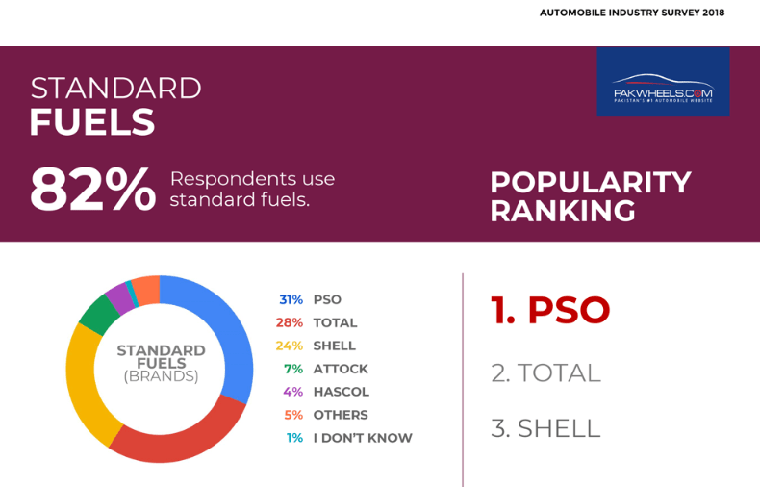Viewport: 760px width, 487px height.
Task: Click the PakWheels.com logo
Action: coord(662,84)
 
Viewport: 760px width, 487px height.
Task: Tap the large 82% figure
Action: coord(92,190)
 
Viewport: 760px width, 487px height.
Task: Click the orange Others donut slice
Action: coord(146,288)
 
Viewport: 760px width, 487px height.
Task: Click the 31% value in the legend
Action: coord(291,299)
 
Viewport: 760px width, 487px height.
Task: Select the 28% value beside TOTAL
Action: coord(290,322)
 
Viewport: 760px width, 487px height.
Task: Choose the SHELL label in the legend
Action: coord(334,346)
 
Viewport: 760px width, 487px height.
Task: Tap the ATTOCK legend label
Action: coord(341,369)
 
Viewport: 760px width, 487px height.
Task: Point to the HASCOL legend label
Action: coord(341,392)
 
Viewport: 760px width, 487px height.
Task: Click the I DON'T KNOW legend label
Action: coord(363,438)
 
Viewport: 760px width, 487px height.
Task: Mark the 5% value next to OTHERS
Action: coord(293,415)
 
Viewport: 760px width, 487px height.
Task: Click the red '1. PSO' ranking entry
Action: coord(550,310)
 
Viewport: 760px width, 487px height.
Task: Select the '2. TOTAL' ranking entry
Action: coord(545,372)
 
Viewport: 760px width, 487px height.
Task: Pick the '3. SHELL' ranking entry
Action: coord(545,428)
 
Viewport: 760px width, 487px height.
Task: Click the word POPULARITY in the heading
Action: coord(590,181)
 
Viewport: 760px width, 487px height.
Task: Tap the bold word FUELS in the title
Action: coord(91,122)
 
